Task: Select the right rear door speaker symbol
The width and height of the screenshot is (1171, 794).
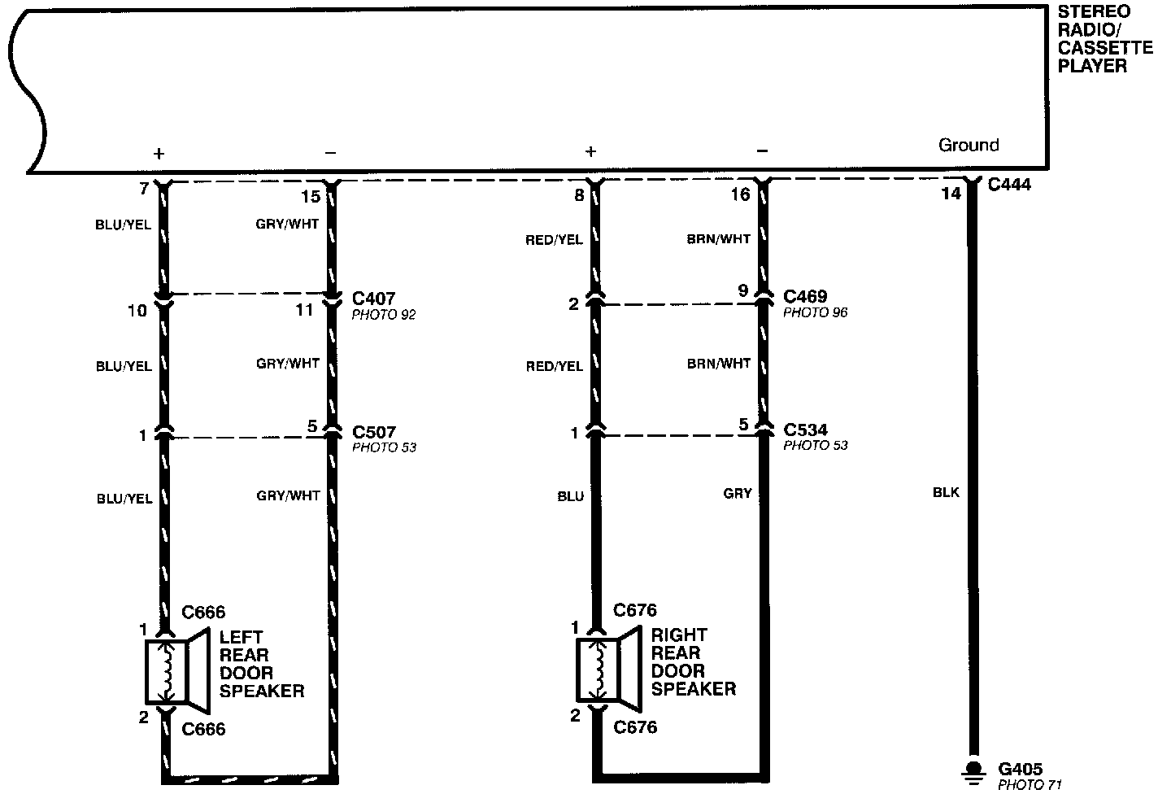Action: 610,670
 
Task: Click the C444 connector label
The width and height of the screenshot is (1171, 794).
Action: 1009,184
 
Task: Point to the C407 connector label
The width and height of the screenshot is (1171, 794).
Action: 373,298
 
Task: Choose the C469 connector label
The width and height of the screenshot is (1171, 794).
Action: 805,296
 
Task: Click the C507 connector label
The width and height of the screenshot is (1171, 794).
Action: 374,432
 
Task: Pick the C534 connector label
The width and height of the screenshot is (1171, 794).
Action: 805,430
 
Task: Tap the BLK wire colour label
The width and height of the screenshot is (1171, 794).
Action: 947,492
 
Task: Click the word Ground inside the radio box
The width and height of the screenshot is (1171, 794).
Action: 969,145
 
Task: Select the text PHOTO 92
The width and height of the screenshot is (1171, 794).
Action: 384,315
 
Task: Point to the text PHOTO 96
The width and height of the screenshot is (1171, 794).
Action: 815,312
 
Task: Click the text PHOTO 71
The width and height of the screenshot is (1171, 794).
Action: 1030,785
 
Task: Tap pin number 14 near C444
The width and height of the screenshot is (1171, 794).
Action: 951,194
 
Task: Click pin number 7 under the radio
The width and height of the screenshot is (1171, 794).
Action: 144,188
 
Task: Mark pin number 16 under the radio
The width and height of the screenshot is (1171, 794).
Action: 740,194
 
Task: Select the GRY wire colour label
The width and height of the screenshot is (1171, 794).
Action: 738,493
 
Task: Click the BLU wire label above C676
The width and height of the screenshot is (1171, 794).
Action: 570,496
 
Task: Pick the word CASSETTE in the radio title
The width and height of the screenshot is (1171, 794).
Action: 1105,48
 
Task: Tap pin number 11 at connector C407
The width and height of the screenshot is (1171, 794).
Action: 304,310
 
